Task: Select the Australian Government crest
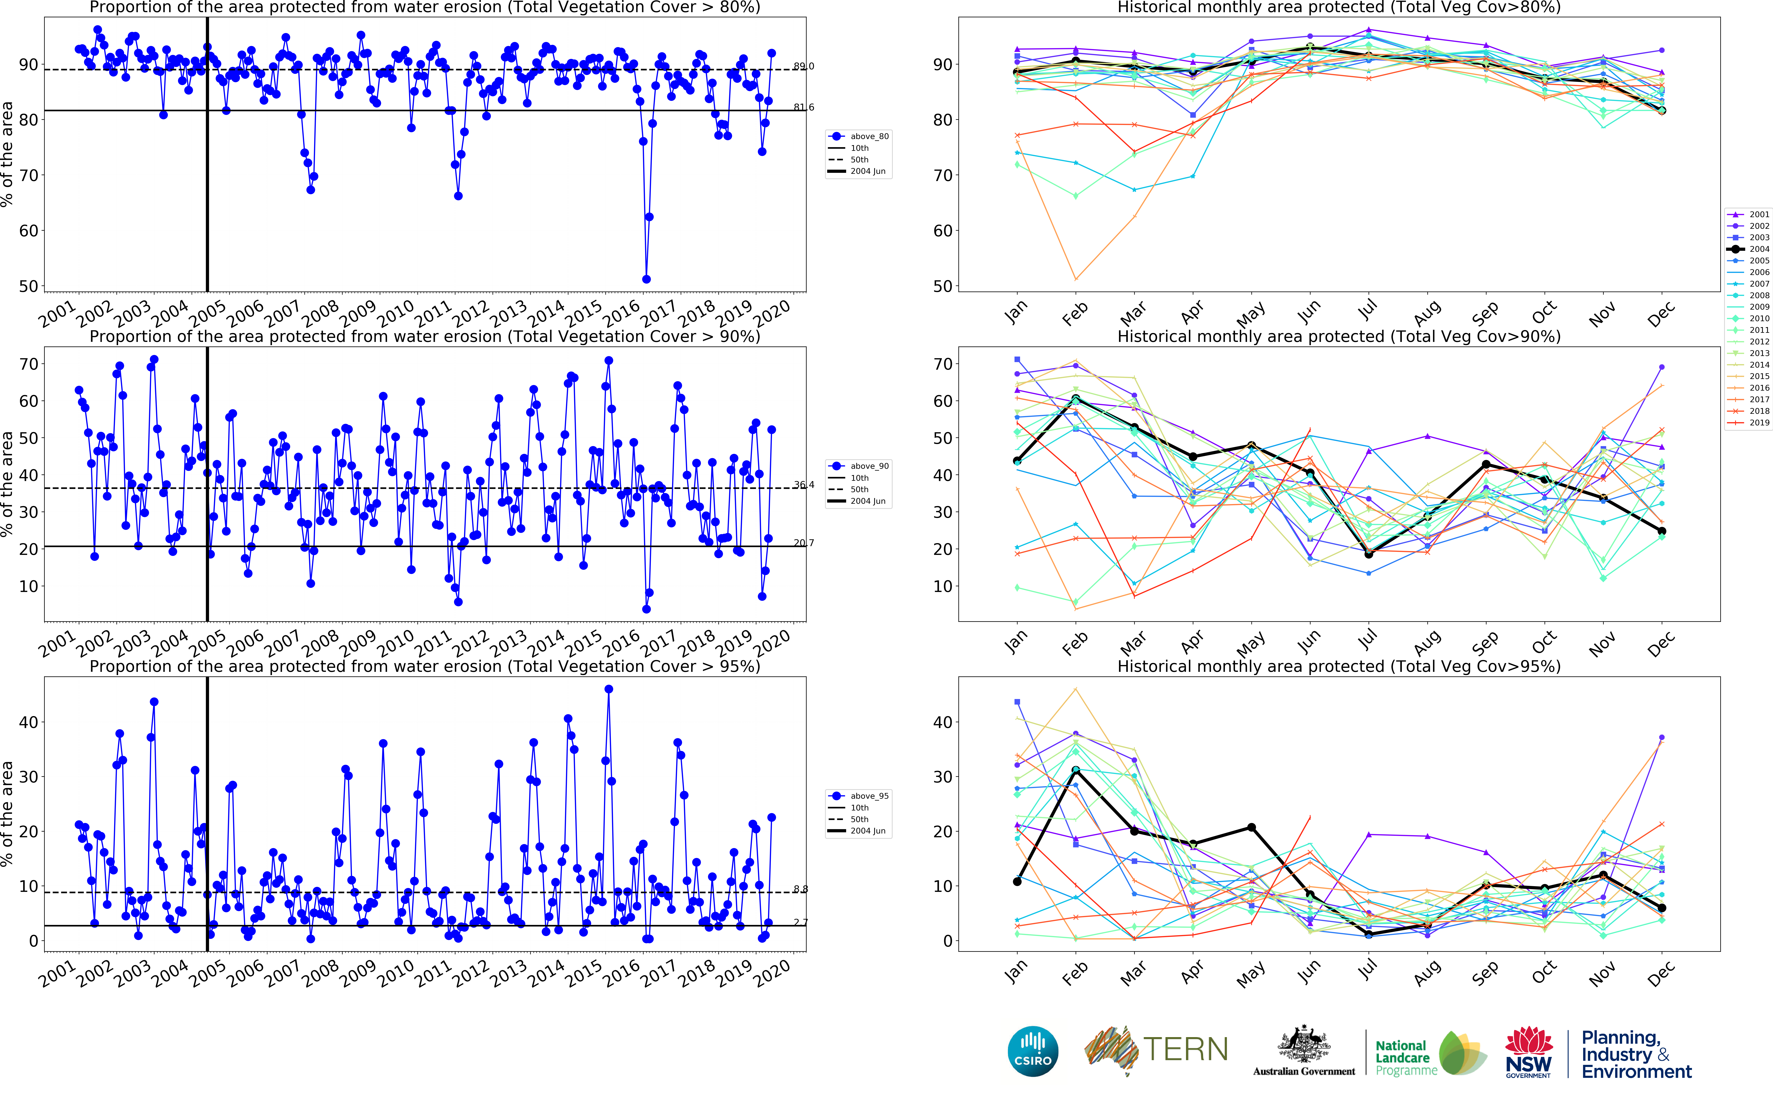point(1304,1046)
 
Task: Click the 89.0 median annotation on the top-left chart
point(803,66)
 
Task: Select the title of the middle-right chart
point(1339,336)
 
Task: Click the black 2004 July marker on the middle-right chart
point(1368,553)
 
